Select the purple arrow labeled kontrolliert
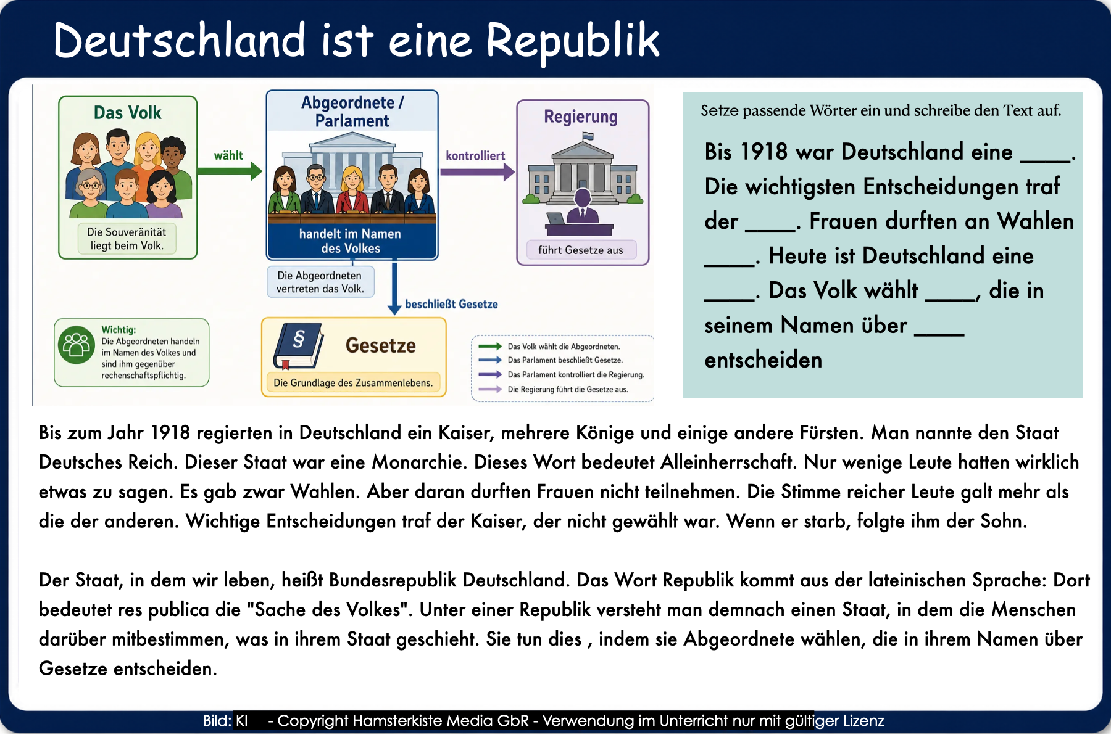477,171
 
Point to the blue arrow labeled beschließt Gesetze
394,288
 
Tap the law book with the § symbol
299,345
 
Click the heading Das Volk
128,113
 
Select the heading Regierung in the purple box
581,117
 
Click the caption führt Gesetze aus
581,250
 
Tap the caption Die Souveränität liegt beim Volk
127,239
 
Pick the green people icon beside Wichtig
76,345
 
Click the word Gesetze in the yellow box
381,345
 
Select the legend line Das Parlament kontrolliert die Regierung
576,374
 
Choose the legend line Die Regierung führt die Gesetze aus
568,389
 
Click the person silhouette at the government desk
583,207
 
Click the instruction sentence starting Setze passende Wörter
881,110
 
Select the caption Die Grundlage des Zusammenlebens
353,383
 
